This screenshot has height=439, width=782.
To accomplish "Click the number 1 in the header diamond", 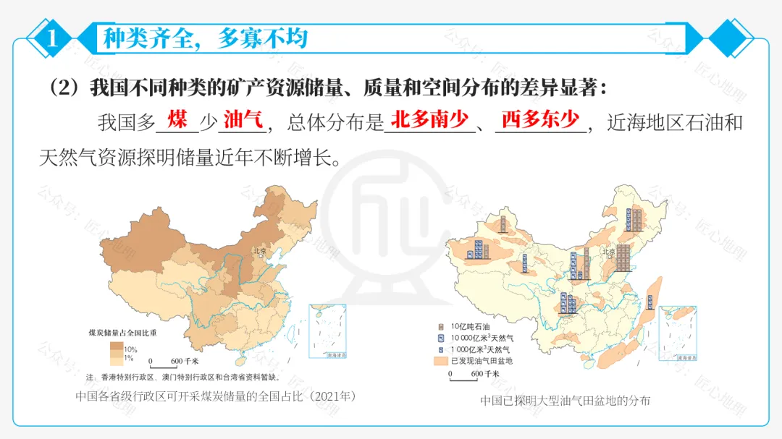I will coord(51,38).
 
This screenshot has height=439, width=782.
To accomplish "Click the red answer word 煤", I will coord(177,119).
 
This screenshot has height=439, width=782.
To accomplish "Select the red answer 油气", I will coord(243,119).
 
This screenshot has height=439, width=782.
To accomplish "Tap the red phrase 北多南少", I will coord(429,119).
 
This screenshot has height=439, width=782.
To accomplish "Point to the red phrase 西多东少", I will coord(540,119).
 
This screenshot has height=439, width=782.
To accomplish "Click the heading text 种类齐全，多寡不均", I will coord(205,38).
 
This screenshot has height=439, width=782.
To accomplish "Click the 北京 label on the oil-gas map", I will coord(609,251).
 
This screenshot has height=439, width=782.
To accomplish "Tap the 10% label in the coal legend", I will coord(131,348).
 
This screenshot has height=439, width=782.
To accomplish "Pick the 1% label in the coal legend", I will coord(130,357).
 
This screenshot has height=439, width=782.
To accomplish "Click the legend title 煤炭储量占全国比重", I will coord(122,333).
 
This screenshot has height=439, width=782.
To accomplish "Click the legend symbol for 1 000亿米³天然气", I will coord(440,349).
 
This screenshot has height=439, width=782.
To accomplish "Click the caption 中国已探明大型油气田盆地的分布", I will coord(565,400).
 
